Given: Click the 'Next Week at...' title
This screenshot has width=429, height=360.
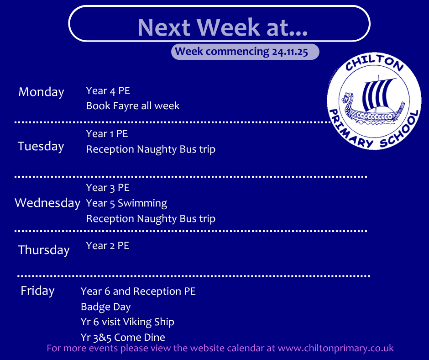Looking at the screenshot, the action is tap(222, 27).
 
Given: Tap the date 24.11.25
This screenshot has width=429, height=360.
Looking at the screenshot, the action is tap(290, 52).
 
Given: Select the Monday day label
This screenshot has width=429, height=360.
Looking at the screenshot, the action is tap(41, 92).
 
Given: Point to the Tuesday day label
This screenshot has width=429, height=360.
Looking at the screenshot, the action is tap(41, 146).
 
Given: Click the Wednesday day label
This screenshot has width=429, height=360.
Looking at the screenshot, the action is tap(47, 203).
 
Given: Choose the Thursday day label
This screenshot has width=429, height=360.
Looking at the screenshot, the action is tap(44, 250).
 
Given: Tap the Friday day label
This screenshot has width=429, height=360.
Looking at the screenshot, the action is tap(37, 291).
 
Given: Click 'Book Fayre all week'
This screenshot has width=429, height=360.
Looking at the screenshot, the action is tap(133, 106).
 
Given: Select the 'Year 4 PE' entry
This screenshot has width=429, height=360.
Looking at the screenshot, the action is tap(108, 90).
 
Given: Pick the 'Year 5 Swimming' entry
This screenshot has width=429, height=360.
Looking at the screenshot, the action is tap(126, 203).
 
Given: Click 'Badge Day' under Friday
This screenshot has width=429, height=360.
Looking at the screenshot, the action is tap(105, 307).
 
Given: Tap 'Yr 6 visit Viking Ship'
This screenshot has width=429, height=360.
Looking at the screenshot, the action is tap(127, 322).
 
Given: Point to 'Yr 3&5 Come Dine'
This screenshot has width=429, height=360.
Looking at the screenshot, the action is tap(123, 338).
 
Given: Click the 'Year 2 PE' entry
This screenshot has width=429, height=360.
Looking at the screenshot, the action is tap(108, 246).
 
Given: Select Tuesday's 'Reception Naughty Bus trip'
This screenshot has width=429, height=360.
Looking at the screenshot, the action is tap(151, 149).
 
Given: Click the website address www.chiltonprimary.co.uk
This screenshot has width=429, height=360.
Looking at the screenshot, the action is tap(336, 348).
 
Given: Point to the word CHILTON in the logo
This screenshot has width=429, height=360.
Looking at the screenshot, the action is tap(374, 63).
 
